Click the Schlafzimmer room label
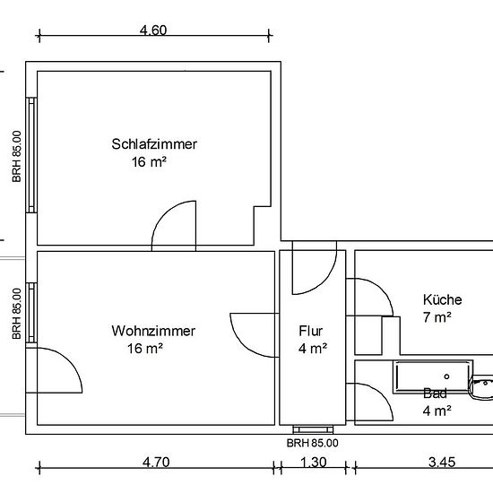[x=154, y=144]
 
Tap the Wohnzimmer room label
[x=153, y=331]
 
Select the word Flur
[x=311, y=331]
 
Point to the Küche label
[x=443, y=299]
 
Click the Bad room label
[x=435, y=394]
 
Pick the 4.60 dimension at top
[x=153, y=30]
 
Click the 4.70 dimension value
[x=156, y=463]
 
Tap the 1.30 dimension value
[x=314, y=463]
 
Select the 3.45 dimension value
[x=442, y=463]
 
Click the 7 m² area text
[x=437, y=317]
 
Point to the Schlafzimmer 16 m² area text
[x=149, y=162]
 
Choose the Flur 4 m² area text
[x=313, y=349]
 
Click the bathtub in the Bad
[x=433, y=376]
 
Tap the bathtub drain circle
[x=446, y=376]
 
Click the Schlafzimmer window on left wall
[x=31, y=155]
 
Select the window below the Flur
[x=313, y=429]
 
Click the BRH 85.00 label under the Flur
[x=313, y=444]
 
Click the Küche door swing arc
[x=381, y=290]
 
